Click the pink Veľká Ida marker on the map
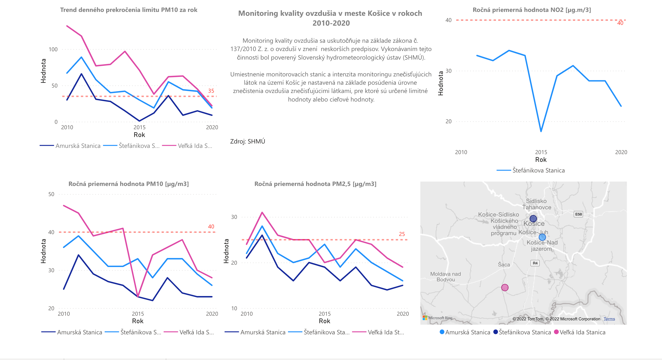click(505, 287)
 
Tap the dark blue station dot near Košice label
click(533, 219)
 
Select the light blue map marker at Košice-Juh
click(542, 237)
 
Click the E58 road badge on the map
click(578, 214)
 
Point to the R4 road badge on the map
click(535, 263)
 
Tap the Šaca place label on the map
click(504, 264)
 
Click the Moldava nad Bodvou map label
click(445, 277)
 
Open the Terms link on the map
click(609, 319)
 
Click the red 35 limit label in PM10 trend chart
click(211, 91)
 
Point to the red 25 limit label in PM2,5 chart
click(402, 234)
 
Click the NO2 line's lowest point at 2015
click(541, 131)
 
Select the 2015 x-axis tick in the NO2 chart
click(541, 152)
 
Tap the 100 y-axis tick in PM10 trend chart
click(53, 49)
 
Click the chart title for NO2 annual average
click(532, 10)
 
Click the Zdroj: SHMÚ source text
click(248, 141)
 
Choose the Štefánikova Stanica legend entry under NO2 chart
click(538, 170)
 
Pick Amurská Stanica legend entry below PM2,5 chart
click(263, 332)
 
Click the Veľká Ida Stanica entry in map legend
click(582, 332)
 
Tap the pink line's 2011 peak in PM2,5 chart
click(262, 212)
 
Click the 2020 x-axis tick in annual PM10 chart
click(212, 314)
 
